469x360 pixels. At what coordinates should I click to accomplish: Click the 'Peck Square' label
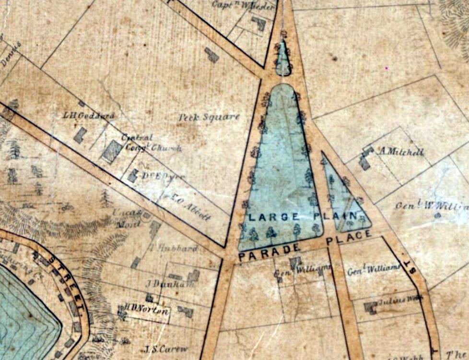pos(209,117)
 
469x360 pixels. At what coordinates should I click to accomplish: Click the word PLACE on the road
pos(349,237)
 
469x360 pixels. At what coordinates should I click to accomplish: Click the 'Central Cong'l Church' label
pos(146,143)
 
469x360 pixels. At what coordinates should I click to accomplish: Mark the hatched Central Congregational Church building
pos(112,151)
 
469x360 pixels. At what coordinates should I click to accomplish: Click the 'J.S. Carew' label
pos(165,349)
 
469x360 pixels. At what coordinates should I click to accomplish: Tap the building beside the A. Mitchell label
pos(365,159)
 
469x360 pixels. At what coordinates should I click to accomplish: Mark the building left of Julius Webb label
pos(370,308)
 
